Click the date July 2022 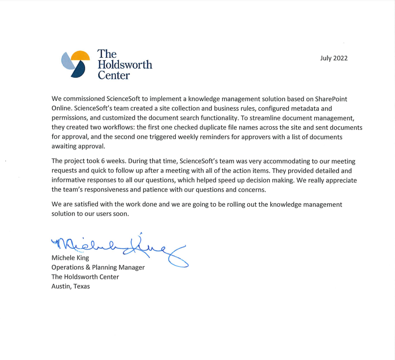334,58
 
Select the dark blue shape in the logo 79,70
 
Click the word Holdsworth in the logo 125,65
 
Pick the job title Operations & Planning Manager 98,267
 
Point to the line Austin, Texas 70,287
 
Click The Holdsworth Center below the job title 85,277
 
